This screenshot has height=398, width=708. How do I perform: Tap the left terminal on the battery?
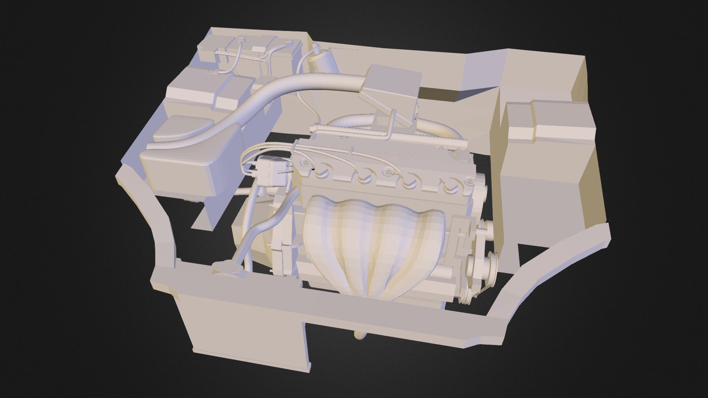[x=242, y=38]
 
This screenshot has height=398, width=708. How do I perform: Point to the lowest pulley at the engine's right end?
[x=465, y=295]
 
